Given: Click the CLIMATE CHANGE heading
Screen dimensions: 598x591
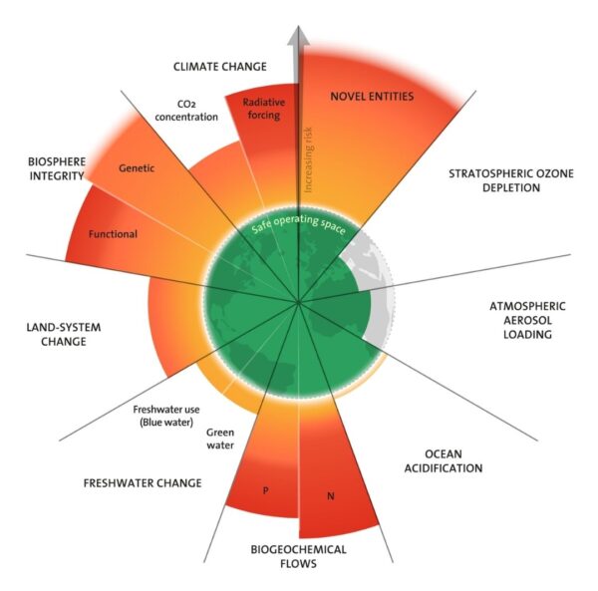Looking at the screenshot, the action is point(220,67).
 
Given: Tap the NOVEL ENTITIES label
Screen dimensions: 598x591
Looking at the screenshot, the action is point(372,96).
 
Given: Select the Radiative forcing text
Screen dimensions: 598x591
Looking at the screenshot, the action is point(264,109).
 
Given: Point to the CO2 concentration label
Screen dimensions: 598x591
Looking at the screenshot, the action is point(186,111).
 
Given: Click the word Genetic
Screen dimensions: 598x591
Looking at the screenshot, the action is point(137,168).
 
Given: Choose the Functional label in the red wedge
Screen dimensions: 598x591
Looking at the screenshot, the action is point(113,234).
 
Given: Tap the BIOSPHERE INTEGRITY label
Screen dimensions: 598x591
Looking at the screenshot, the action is point(57,168).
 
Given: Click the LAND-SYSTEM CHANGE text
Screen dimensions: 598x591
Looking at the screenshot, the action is point(64,334).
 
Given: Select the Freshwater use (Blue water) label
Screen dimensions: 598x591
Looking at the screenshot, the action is point(166,416).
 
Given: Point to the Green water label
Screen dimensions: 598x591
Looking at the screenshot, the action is point(220,439).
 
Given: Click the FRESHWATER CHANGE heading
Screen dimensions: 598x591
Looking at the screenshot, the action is point(143,483).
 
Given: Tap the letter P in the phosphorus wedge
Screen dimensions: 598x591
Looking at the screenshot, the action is point(266,490).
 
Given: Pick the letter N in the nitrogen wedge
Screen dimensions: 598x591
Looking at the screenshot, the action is point(331,496).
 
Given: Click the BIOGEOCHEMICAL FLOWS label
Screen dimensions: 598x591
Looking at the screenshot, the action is point(298,556).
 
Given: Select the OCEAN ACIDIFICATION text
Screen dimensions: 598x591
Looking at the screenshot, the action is point(444,461).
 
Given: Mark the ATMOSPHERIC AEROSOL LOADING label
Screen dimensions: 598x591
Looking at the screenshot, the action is point(527,320).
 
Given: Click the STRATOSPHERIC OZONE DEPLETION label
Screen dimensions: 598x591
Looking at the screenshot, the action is point(511,180).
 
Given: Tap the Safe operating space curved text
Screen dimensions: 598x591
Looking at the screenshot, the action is point(299,224).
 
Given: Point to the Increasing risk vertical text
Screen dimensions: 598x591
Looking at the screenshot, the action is point(308,159).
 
